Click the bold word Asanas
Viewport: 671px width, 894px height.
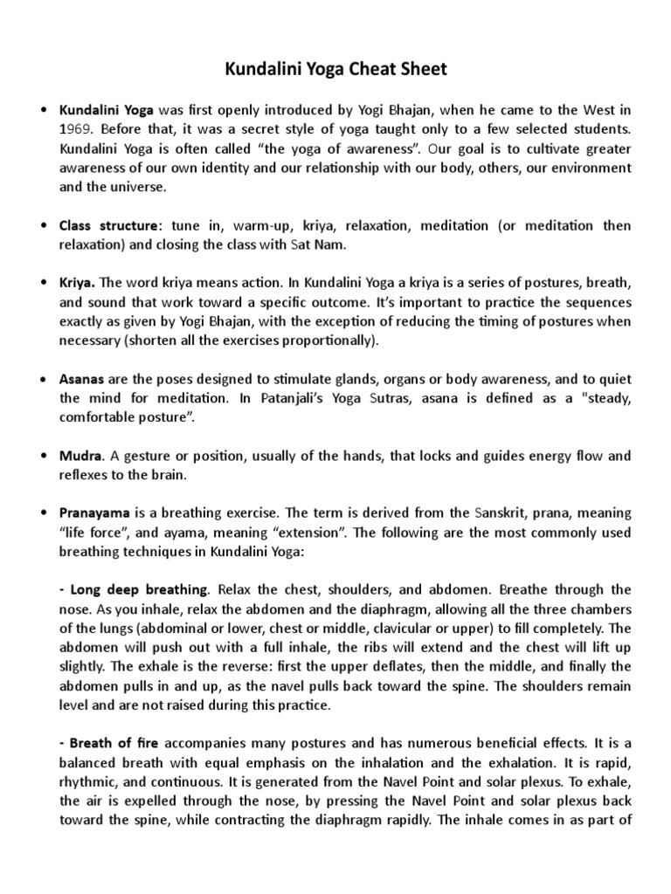[83, 378]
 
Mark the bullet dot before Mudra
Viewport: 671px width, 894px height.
[44, 456]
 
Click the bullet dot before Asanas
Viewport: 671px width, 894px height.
[44, 378]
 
